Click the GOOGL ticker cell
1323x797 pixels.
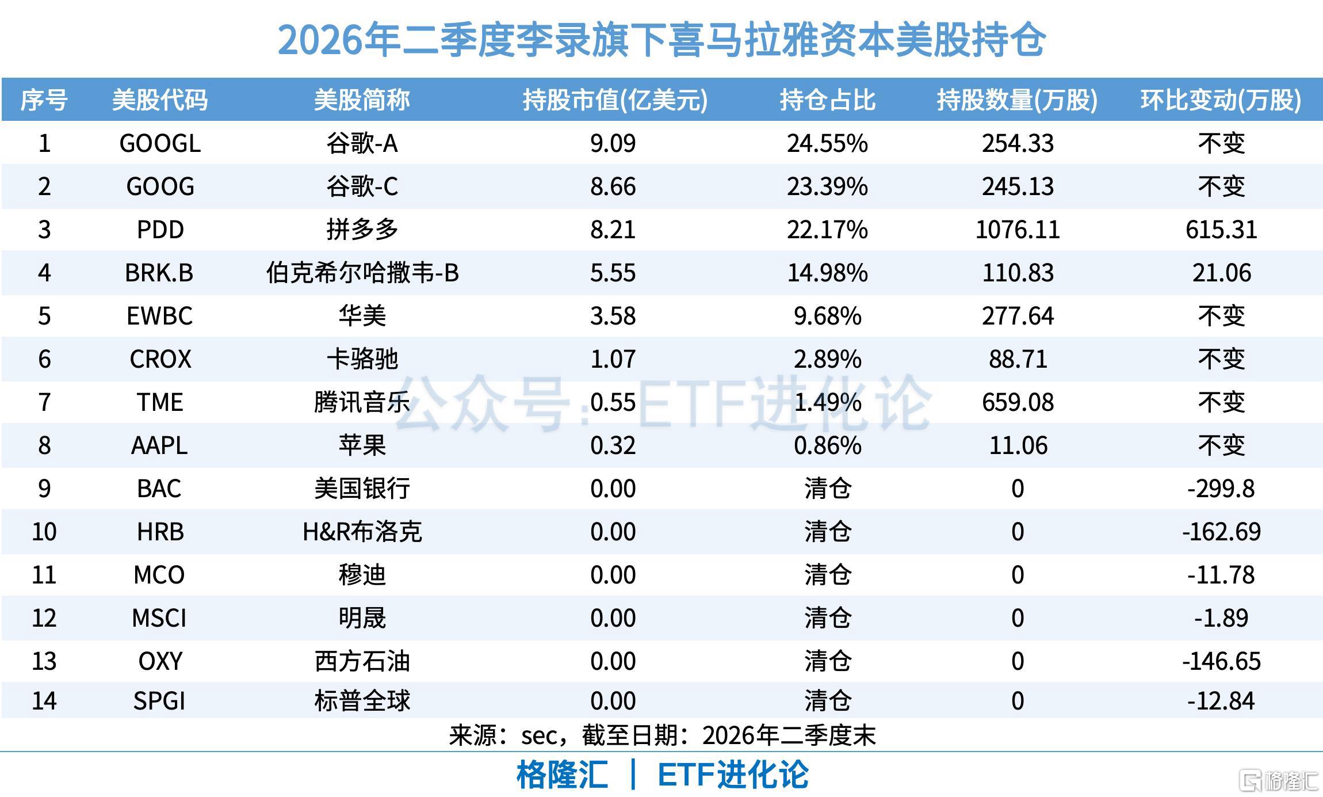(x=160, y=143)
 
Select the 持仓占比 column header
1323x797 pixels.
(x=827, y=100)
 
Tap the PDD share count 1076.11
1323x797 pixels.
(x=1018, y=230)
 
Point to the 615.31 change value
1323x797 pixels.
(x=1221, y=230)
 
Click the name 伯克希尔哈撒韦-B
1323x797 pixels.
(x=362, y=273)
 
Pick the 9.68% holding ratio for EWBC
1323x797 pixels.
(x=827, y=316)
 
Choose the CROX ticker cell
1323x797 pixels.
(x=160, y=359)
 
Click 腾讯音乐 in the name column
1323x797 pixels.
(x=362, y=402)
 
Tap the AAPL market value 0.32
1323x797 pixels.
(x=613, y=445)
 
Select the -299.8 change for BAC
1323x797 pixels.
(x=1221, y=489)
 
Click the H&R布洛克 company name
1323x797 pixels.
(x=362, y=532)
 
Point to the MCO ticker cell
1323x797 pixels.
(x=159, y=575)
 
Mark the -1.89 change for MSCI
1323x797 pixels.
(x=1221, y=618)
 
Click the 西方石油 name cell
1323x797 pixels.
(x=362, y=661)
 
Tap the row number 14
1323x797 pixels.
(x=44, y=701)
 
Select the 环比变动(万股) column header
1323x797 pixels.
(x=1221, y=100)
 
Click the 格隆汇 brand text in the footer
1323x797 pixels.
(x=562, y=775)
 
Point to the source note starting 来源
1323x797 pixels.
(x=662, y=735)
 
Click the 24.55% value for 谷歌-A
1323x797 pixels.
(x=827, y=143)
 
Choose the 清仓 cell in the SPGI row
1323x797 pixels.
(x=827, y=701)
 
